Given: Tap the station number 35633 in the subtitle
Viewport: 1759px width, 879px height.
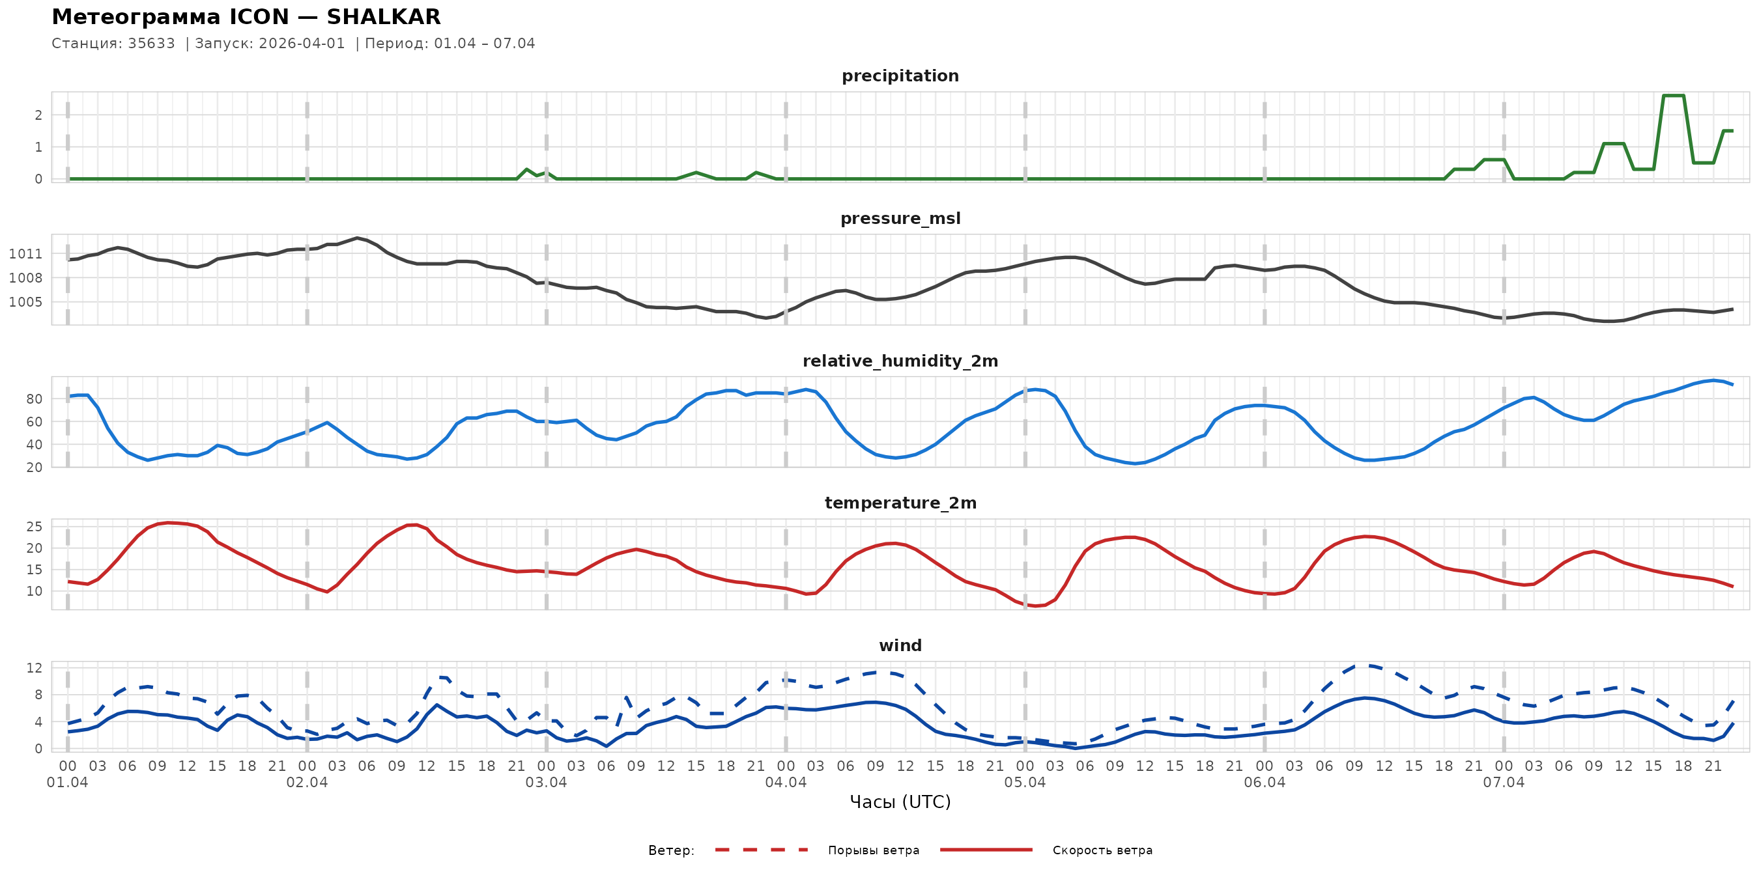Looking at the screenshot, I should click(x=151, y=44).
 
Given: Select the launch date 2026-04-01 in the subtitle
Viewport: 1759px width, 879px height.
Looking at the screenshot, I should click(x=302, y=44).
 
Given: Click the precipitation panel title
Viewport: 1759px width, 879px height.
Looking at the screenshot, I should click(x=900, y=76).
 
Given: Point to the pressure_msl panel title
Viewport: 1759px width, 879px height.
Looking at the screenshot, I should click(x=900, y=218).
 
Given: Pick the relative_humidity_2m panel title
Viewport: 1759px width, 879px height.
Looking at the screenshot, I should click(x=900, y=361).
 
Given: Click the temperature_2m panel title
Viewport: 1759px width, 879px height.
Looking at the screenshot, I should click(x=900, y=503).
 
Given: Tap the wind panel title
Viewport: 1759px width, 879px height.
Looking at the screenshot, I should click(x=900, y=646).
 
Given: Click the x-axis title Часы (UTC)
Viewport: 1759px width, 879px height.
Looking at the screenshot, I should click(x=900, y=802).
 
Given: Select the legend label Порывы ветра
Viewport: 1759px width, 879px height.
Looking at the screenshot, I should click(x=874, y=850).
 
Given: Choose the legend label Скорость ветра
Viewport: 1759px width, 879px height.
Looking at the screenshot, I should click(x=1102, y=850).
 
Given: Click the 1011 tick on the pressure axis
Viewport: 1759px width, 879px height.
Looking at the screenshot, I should click(x=25, y=254).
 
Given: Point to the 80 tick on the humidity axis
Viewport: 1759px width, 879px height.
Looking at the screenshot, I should click(x=34, y=399).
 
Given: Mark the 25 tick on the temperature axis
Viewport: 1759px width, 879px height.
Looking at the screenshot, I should click(x=34, y=527).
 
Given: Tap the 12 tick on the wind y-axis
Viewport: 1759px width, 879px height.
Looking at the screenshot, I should click(x=34, y=668).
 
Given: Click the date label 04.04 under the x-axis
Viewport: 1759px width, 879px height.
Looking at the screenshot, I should click(x=785, y=783).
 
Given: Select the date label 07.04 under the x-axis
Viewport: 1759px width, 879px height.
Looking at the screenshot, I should click(x=1504, y=783).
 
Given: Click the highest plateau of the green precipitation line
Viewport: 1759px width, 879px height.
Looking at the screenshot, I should click(x=1674, y=96).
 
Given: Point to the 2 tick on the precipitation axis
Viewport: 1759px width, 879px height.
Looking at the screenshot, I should click(x=38, y=115).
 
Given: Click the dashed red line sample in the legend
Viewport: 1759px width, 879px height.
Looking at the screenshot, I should click(x=762, y=850).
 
